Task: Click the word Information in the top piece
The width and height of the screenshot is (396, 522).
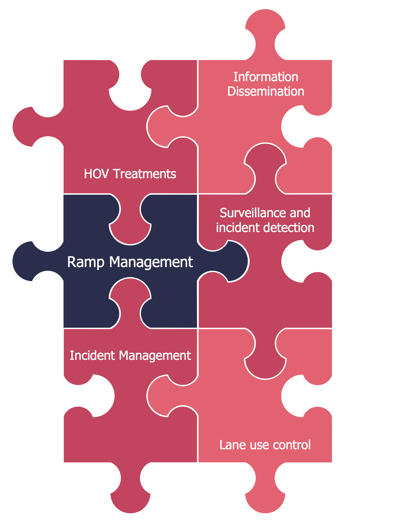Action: (266, 77)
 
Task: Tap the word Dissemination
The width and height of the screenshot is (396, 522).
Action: (266, 91)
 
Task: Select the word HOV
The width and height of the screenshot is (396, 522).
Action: (96, 174)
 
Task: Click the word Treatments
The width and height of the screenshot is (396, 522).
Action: (145, 174)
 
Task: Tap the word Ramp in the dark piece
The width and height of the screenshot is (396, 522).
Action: (86, 262)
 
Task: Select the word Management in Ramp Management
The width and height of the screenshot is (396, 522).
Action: (151, 262)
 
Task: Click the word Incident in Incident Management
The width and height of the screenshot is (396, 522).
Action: (92, 355)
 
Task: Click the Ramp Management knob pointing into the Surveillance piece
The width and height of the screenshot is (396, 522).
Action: (232, 261)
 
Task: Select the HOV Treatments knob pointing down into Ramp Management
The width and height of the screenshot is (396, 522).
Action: (130, 229)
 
